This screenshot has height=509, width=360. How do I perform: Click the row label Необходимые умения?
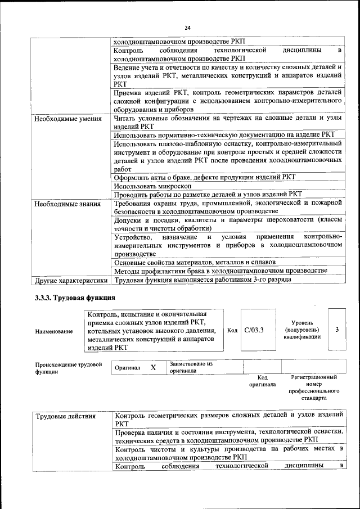click(67, 119)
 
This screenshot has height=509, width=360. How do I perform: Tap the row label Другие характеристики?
click(71, 280)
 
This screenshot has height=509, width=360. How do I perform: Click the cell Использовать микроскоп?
click(152, 186)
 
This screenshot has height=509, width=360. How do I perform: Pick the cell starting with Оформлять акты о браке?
click(204, 177)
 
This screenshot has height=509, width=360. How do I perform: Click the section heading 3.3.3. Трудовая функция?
click(75, 298)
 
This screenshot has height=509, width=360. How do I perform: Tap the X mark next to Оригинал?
click(153, 367)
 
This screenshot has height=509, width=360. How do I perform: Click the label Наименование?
click(54, 332)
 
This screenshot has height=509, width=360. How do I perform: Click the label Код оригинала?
click(262, 381)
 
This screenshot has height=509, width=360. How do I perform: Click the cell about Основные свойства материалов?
click(195, 262)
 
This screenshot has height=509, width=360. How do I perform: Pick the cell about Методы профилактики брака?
click(220, 271)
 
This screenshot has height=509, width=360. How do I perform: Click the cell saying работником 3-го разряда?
click(202, 280)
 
